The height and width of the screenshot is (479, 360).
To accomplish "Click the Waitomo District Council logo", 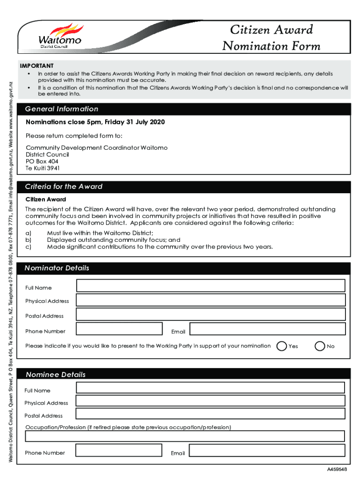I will pos(60,36).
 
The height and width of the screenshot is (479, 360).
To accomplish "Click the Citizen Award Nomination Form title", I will pos(272,37).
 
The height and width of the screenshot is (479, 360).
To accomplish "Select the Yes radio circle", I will pos(282,346).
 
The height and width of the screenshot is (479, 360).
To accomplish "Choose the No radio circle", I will pos(320,346).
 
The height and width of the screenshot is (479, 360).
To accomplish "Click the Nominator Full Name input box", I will pos(210,286).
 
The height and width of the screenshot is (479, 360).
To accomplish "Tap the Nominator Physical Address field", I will pos(210,300).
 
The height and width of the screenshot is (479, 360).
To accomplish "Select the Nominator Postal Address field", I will pos(210,314).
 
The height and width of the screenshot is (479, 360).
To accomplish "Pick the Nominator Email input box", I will pos(267,329).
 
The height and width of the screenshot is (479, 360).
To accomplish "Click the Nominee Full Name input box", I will pos(210,387).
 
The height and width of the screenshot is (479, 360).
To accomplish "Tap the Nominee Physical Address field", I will pos(210,401).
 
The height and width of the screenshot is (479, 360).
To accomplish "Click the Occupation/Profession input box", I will pos(185,436).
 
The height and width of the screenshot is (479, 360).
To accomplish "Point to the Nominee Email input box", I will pos(267,451).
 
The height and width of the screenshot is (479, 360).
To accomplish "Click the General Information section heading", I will pos(62,109).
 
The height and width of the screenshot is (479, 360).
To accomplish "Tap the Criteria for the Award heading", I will pos(64,187).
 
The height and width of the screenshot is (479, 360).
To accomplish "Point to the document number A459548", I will pos(337,469).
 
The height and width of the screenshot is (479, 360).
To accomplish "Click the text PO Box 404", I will pos(42,161).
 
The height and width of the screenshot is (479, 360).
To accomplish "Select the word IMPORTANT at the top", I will pos(36,66).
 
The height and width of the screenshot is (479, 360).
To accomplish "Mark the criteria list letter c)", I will pos(29,247).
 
